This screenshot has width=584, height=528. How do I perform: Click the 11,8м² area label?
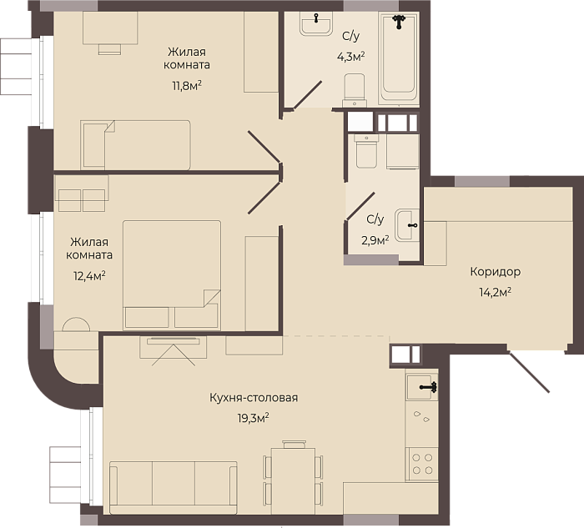coord(187,86)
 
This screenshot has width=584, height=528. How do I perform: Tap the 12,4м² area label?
coord(89,276)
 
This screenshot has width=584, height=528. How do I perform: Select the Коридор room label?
coord(496,272)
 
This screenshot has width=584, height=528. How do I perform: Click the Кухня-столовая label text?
coord(254,398)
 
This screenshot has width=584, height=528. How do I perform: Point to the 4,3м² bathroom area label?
coord(350,57)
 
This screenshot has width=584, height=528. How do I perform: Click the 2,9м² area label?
coord(375,240)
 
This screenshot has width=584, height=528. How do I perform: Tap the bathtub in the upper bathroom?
coord(399,58)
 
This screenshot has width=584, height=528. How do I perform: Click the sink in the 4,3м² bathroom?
coord(316,23)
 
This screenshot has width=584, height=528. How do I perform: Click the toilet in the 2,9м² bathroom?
coord(366,151)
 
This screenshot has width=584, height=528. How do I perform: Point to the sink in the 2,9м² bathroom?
coord(407,225)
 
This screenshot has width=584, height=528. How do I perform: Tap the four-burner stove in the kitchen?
coord(422,464)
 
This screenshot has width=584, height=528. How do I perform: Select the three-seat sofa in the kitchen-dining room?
coord(174,489)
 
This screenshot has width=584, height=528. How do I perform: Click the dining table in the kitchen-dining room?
coord(293,481)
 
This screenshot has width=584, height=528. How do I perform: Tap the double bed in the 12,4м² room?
coord(172,275)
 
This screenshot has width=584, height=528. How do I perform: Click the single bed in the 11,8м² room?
coord(135,145)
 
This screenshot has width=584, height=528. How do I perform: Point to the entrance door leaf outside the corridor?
coord(528,372)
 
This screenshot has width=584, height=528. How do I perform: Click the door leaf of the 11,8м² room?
coord(264,146)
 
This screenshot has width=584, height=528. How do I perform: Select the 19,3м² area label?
coord(254,418)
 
